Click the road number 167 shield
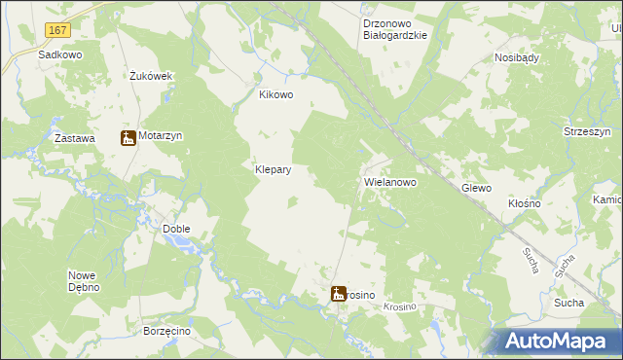point(56,32)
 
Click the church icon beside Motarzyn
point(128,138)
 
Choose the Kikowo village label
point(275,95)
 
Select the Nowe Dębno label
point(87,281)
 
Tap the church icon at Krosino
point(339,293)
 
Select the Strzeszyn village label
point(587,131)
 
